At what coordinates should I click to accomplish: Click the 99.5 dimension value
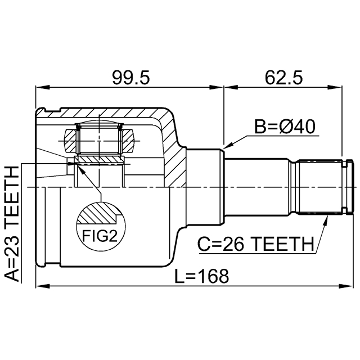[x=130, y=78]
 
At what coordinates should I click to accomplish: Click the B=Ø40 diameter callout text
[x=285, y=127]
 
